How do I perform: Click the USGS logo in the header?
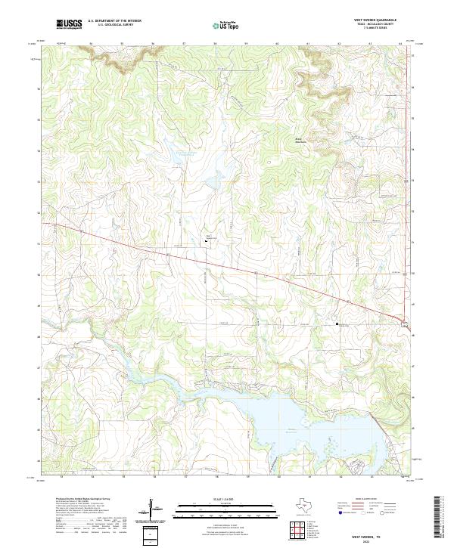pos(70,24)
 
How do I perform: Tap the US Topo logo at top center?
pos(218,25)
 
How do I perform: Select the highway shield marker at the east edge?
pos(406,324)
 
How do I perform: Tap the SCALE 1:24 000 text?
pos(217,498)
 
